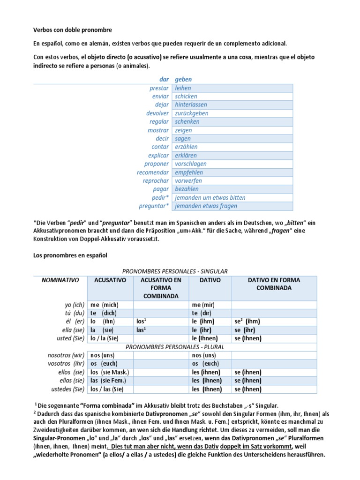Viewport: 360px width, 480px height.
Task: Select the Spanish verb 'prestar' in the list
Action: tap(159, 88)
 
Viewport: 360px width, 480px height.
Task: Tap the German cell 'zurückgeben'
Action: tap(191, 113)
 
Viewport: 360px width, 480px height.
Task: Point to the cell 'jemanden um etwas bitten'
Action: tap(210, 198)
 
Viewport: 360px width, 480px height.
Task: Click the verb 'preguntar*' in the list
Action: tap(154, 206)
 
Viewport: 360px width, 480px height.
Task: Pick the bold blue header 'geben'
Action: tap(183, 80)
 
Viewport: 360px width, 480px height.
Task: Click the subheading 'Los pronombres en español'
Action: tap(70, 255)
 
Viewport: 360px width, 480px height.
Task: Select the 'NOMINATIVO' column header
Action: tap(60, 280)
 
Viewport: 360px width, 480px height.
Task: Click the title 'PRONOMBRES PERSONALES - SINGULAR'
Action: tap(175, 271)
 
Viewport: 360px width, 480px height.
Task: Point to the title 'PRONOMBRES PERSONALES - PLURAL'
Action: tap(175, 347)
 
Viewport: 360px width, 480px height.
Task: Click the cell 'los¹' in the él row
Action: tap(142, 322)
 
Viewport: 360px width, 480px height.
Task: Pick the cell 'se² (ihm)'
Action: tap(247, 322)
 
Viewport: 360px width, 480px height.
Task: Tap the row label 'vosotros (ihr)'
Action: tap(66, 364)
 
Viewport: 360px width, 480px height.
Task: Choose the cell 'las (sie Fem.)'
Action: tap(108, 381)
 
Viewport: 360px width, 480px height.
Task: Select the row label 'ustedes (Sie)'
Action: tap(66, 389)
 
